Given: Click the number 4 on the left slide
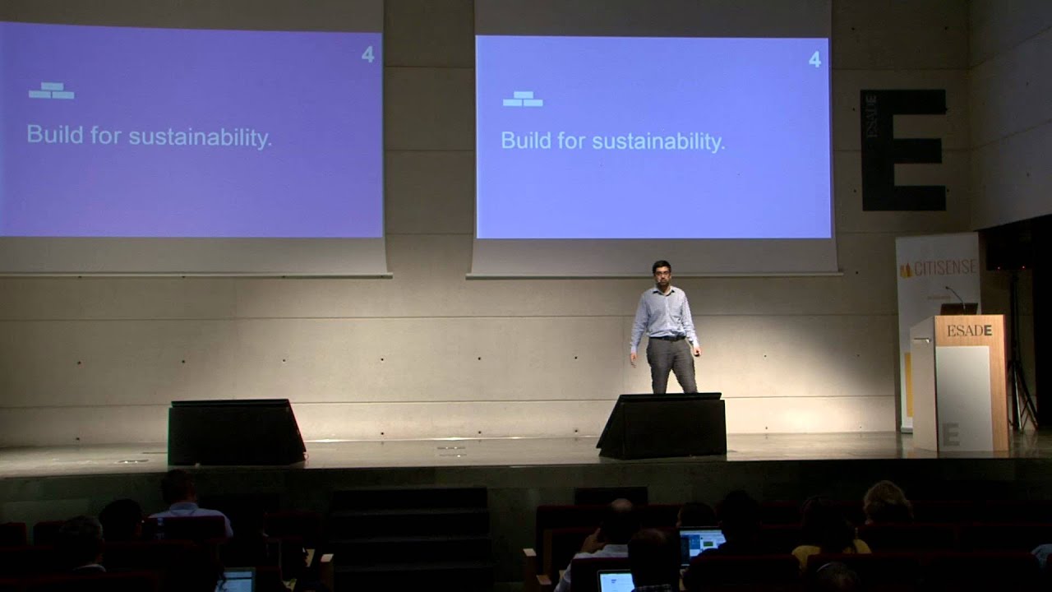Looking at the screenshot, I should click(367, 55).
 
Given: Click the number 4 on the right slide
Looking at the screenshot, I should click(814, 59).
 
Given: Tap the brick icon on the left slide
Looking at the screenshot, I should click(51, 90).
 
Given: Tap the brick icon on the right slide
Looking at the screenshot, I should click(523, 99).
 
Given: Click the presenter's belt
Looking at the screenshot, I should click(668, 337).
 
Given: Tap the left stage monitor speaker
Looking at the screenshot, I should click(236, 432).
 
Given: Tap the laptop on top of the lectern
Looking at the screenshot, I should click(959, 309).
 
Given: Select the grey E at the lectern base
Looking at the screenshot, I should click(950, 434).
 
